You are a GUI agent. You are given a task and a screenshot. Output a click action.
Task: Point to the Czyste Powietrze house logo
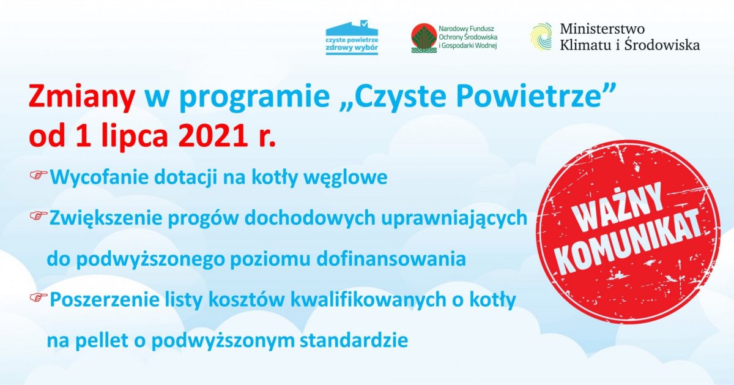coord(352,38)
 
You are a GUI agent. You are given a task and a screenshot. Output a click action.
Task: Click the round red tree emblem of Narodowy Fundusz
coord(423,38)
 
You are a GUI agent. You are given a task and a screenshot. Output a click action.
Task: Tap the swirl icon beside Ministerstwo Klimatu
coord(541,36)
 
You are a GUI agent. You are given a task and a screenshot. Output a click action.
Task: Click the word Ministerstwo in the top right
coord(602,29)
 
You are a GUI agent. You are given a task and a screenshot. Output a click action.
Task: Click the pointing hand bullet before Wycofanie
coord(39,176)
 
